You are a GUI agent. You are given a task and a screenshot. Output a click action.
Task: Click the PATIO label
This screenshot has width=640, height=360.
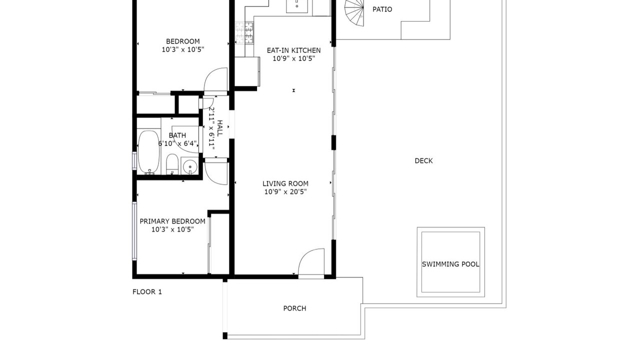pyautogui.click(x=382, y=9)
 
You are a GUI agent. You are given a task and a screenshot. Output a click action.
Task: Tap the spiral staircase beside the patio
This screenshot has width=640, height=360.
pyautogui.click(x=354, y=12)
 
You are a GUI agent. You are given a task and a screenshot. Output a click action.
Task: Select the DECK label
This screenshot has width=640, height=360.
pyautogui.click(x=423, y=161)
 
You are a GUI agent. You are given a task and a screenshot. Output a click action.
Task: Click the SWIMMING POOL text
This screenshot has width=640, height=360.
pyautogui.click(x=450, y=264)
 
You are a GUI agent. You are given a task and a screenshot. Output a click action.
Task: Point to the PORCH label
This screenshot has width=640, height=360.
pyautogui.click(x=294, y=308)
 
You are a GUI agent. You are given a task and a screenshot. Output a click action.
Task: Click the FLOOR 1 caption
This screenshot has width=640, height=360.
pyautogui.click(x=147, y=291)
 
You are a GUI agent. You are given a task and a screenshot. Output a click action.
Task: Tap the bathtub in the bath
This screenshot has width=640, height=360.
pyautogui.click(x=149, y=152)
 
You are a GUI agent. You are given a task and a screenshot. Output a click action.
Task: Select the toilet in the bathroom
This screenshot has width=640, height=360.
pyautogui.click(x=172, y=164)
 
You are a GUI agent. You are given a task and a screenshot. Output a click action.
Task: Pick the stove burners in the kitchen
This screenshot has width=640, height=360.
pyautogui.click(x=244, y=33)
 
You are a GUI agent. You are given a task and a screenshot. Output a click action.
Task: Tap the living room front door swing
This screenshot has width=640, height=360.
pyautogui.click(x=311, y=262)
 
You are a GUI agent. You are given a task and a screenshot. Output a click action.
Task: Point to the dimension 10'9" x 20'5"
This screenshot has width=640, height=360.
pyautogui.click(x=285, y=191)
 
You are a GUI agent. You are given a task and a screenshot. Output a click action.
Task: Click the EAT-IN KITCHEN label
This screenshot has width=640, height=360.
pyautogui.click(x=293, y=50)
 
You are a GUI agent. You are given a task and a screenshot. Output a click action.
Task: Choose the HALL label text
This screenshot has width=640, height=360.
pyautogui.click(x=219, y=128)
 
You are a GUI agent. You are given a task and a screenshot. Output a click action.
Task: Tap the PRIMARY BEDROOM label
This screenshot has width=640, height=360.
pyautogui.click(x=172, y=221)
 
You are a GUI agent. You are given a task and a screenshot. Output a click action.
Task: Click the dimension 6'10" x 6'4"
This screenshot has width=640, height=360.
pyautogui.click(x=177, y=143)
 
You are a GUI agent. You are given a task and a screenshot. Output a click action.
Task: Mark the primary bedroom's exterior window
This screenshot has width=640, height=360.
pyautogui.click(x=134, y=231)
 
